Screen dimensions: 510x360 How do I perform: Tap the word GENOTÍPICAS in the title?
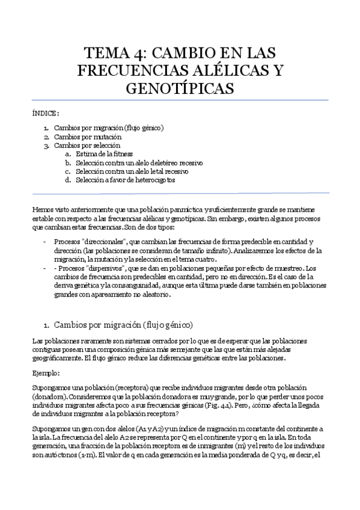pyautogui.click(x=180, y=88)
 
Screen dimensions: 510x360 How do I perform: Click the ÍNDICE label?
pyautogui.click(x=46, y=113)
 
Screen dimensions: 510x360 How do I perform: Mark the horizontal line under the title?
pyautogui.click(x=180, y=100)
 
